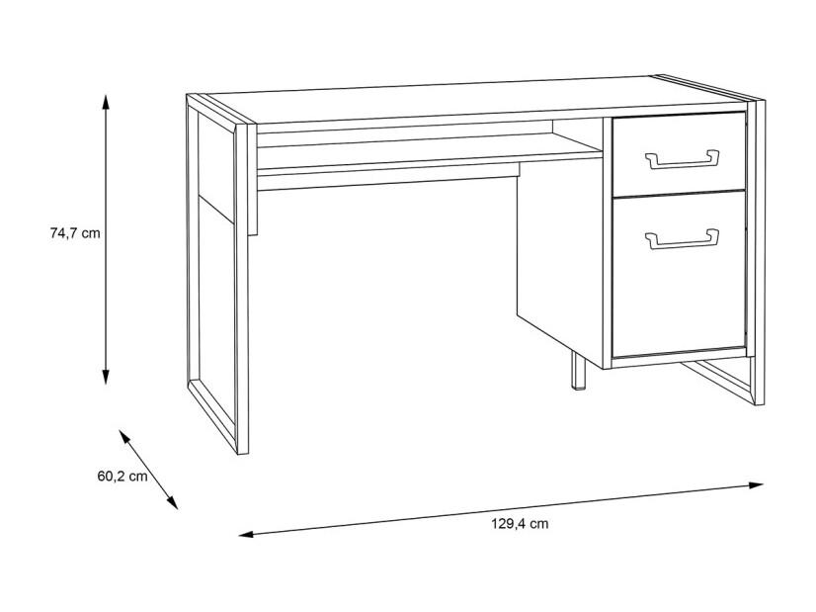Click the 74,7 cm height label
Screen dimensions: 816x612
(75, 232)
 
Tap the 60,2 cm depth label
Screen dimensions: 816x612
(122, 477)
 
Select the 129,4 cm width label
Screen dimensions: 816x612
(520, 523)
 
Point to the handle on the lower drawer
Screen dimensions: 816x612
(682, 238)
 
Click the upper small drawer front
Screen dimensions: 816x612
(679, 154)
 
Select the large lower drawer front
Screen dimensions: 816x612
(679, 274)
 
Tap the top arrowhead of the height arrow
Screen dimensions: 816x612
(106, 102)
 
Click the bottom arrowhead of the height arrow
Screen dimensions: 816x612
(106, 377)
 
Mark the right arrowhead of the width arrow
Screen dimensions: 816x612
(756, 485)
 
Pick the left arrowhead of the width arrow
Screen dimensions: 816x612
(246, 534)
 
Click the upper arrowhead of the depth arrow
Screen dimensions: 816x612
(123, 436)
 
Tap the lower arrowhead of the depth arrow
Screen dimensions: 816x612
(172, 502)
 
